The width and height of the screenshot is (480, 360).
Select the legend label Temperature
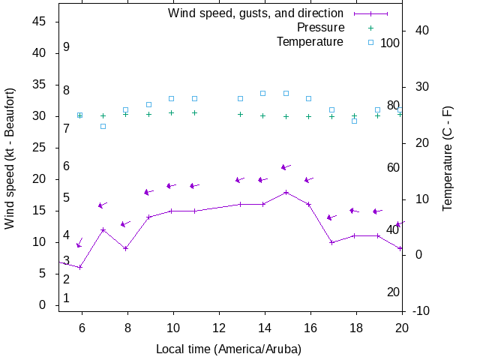tap(310, 42)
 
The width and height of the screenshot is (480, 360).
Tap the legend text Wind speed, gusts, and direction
tap(256, 13)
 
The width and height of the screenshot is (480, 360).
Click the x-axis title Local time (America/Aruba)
tap(229, 349)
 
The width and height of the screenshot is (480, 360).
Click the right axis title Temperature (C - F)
tap(448, 157)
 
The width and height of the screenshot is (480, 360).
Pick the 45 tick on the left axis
tap(40, 22)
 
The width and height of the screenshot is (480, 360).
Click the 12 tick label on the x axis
tap(219, 327)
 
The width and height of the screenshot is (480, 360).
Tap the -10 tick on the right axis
tap(421, 310)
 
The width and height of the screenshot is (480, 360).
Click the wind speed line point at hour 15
tap(286, 192)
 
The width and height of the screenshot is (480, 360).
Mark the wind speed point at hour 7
tap(103, 229)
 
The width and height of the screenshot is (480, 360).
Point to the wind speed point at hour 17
tap(331, 242)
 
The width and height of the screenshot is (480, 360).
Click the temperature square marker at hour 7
tap(103, 126)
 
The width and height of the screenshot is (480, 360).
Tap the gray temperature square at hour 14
tap(262, 93)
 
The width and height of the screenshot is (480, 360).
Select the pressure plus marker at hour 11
tap(194, 112)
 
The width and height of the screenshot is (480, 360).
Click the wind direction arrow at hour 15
tap(285, 167)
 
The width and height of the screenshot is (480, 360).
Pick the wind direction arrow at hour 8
tap(125, 223)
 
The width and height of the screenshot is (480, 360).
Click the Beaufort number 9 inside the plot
tap(66, 47)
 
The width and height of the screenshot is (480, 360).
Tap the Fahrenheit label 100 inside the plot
tap(390, 43)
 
